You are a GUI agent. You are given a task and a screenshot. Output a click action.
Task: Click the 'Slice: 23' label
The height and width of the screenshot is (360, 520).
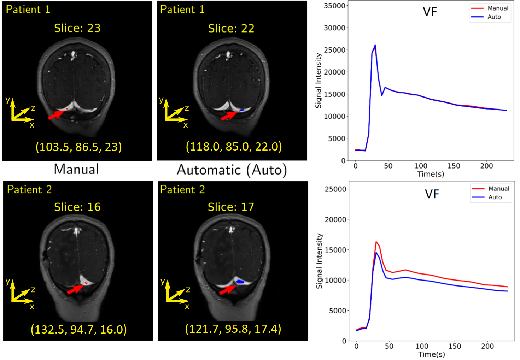click(77, 28)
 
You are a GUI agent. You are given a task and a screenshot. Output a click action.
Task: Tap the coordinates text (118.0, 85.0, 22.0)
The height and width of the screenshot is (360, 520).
click(234, 146)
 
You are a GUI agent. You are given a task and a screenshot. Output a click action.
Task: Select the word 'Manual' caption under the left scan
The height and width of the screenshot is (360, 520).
click(76, 169)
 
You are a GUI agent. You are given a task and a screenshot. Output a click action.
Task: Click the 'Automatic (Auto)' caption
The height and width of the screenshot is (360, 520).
click(232, 170)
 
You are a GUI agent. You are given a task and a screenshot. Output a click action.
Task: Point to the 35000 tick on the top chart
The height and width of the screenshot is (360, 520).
click(334, 6)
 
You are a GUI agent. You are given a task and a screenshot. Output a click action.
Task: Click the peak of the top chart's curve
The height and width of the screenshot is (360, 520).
click(375, 45)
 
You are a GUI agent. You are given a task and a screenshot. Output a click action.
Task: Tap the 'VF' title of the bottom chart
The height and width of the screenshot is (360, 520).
click(432, 194)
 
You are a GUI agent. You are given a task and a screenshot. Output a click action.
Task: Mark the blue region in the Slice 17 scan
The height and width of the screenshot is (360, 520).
click(240, 282)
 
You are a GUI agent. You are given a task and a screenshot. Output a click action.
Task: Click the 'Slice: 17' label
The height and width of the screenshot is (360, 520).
click(231, 207)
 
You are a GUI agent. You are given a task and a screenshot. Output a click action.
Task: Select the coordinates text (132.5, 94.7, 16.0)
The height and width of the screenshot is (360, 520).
click(78, 329)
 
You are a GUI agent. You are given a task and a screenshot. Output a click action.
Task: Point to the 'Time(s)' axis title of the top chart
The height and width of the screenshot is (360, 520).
click(431, 174)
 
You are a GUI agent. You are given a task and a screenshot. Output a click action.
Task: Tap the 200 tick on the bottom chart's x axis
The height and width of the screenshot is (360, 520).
click(487, 346)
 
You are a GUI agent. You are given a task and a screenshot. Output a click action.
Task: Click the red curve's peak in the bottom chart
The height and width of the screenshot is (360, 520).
click(376, 242)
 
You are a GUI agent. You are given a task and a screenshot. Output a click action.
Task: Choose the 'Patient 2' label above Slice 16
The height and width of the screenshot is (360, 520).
click(29, 190)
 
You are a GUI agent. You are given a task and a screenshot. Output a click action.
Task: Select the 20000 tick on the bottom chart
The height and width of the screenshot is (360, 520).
click(335, 219)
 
